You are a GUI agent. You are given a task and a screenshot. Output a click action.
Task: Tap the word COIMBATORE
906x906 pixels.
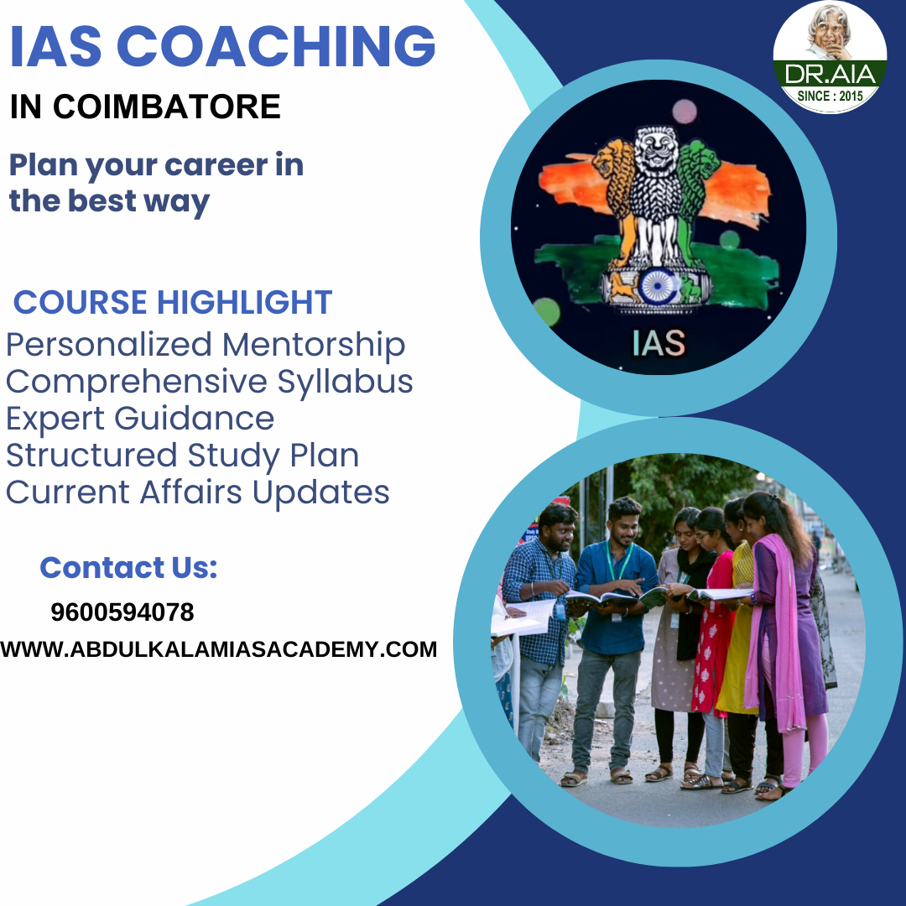point(166,107)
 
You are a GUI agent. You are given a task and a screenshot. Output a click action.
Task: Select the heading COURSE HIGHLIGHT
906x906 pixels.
point(173,302)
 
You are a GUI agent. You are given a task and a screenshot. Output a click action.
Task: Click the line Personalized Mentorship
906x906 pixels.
point(206,345)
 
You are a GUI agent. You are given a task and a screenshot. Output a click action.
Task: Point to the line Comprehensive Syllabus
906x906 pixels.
point(210,382)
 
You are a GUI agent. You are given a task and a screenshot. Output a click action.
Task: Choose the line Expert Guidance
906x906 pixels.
point(140,419)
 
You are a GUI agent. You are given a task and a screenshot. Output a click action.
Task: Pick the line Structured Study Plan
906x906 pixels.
point(183,456)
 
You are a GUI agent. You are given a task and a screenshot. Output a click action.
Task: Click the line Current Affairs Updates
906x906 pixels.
point(198,492)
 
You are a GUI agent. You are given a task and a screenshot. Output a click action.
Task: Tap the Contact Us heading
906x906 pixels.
point(128,568)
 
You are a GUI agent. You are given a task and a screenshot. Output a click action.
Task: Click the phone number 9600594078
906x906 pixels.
point(122,612)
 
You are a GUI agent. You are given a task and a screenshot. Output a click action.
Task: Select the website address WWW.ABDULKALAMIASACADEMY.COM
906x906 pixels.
point(219,649)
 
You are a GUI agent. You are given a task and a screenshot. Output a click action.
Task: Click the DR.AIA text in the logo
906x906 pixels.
point(830,74)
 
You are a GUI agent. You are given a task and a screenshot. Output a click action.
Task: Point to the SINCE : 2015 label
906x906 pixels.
point(830,95)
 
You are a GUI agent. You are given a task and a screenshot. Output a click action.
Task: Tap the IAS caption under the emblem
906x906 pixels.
point(659,343)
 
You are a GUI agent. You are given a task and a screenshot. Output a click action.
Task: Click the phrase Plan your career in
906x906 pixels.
point(156,165)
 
